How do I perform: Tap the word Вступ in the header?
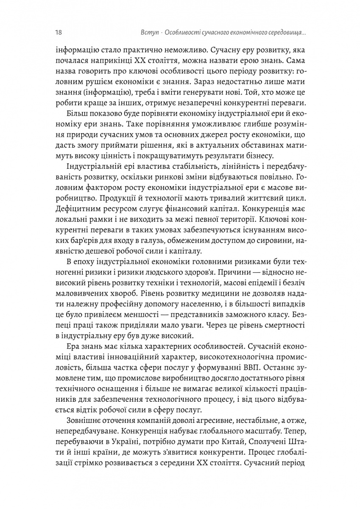coord(149,32)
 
